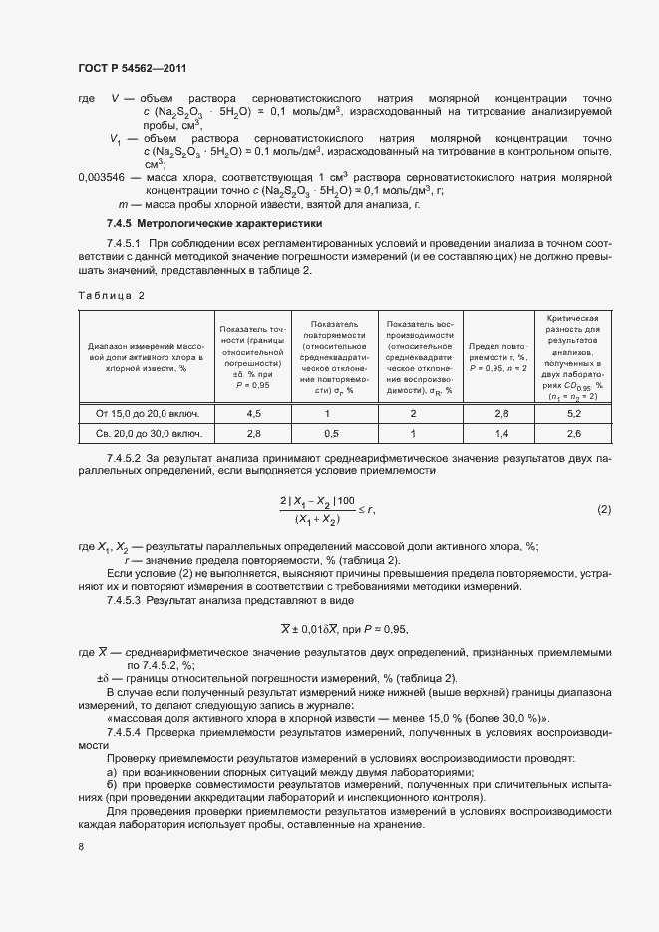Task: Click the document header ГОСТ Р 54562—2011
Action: (132, 68)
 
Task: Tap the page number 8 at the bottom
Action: (81, 846)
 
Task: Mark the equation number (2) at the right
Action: (603, 510)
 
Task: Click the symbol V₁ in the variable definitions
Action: (117, 139)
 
